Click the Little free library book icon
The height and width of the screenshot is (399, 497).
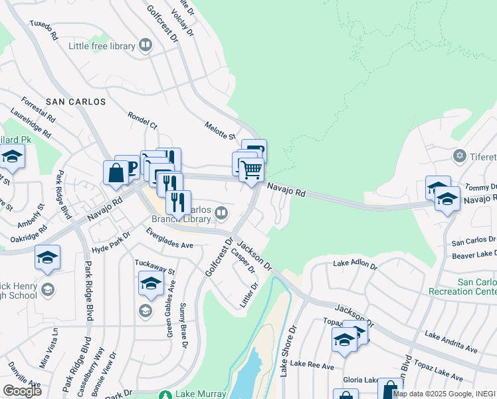click(x=146, y=46)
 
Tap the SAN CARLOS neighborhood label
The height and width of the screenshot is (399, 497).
click(x=75, y=102)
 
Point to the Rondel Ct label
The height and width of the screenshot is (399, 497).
click(x=143, y=120)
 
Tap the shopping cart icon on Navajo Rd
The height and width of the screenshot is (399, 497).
click(x=251, y=170)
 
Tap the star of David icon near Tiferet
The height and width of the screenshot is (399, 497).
click(x=458, y=156)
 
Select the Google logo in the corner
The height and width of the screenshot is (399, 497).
click(x=22, y=390)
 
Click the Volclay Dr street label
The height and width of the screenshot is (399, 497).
click(x=181, y=21)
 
